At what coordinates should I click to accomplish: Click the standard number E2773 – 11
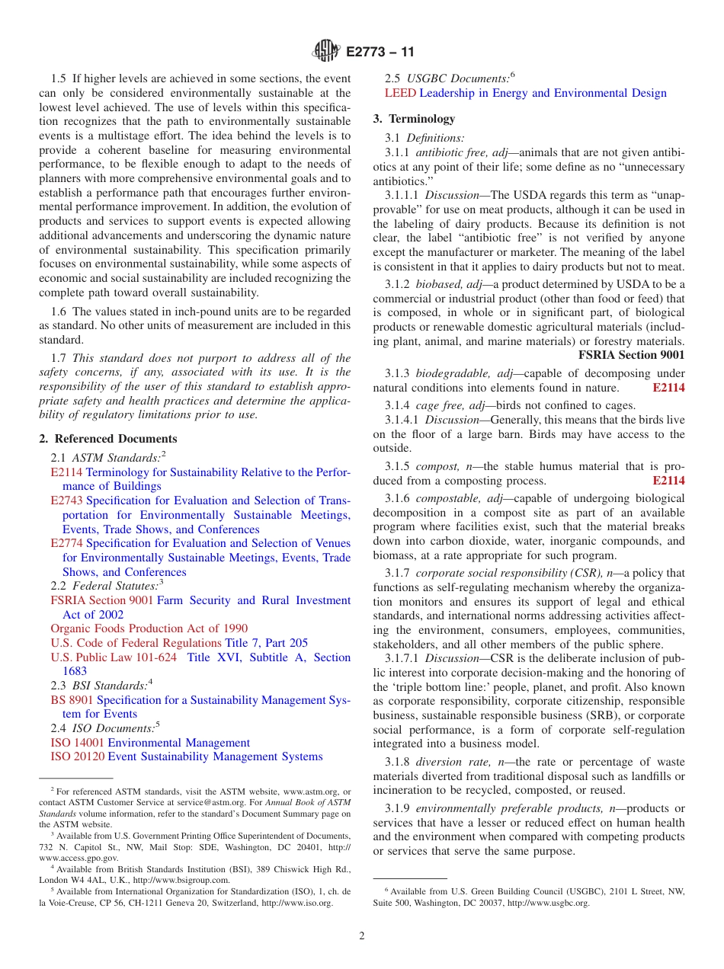click(x=380, y=53)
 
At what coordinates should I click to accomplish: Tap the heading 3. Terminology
click(x=414, y=119)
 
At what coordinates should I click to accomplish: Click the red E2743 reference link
click(x=67, y=500)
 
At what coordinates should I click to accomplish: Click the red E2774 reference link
click(x=67, y=543)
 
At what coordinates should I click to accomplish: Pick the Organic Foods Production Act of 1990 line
click(x=149, y=628)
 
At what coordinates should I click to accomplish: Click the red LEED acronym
click(x=400, y=93)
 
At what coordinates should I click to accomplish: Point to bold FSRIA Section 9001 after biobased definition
click(x=631, y=355)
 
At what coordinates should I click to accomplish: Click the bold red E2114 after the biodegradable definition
click(x=668, y=388)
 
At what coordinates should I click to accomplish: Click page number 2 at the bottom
click(x=362, y=936)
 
